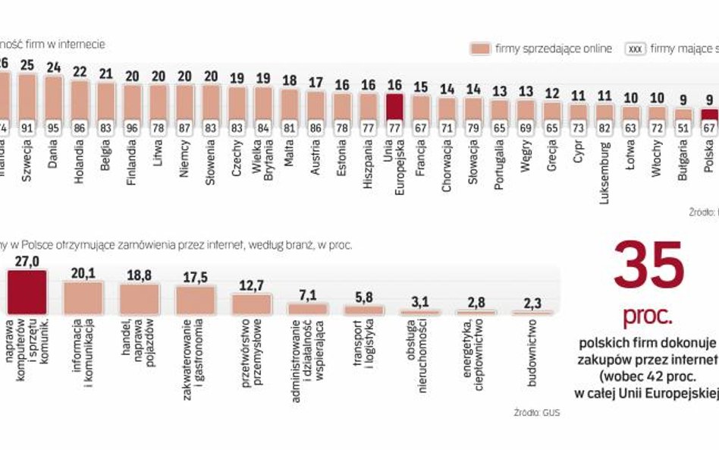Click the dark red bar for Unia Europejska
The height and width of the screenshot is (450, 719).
coord(394,106)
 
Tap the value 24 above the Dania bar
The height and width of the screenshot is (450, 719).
coord(54,66)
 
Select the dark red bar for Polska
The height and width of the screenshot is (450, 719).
coord(708,115)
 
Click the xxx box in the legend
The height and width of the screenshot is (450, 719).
coord(635,49)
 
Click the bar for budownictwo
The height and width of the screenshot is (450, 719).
coord(532,312)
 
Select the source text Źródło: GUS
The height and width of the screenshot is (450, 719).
coord(536,414)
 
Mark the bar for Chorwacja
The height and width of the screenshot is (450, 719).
coord(447,109)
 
